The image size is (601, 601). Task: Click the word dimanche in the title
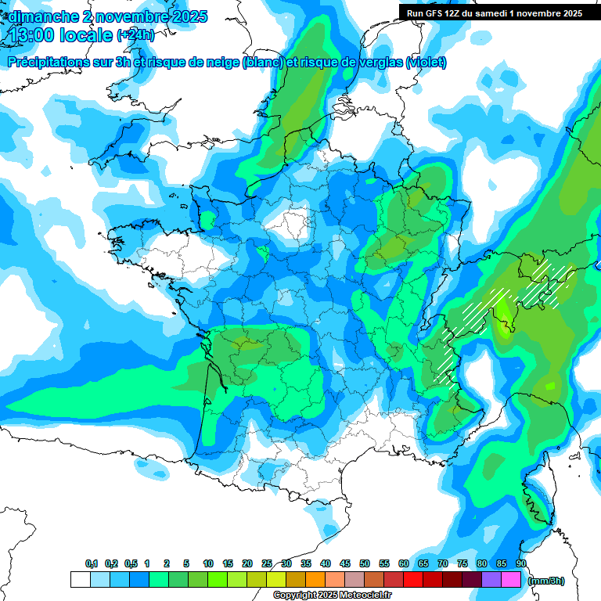click(x=42, y=16)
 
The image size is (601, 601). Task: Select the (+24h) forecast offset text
click(x=135, y=35)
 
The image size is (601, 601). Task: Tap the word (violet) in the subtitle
click(x=426, y=63)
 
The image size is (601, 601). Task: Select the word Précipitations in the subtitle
click(x=49, y=63)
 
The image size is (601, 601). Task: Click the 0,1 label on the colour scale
click(x=92, y=563)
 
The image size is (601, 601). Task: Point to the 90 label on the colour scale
click(x=521, y=563)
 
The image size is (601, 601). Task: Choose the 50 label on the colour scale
click(x=365, y=563)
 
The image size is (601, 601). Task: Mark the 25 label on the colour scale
click(x=267, y=563)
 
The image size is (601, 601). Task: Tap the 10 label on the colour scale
click(x=208, y=563)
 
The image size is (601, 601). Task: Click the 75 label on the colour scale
click(x=462, y=563)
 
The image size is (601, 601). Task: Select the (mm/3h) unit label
click(x=546, y=580)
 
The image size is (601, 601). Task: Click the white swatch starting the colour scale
click(x=80, y=580)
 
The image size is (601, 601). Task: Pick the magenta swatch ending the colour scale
click(x=511, y=580)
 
